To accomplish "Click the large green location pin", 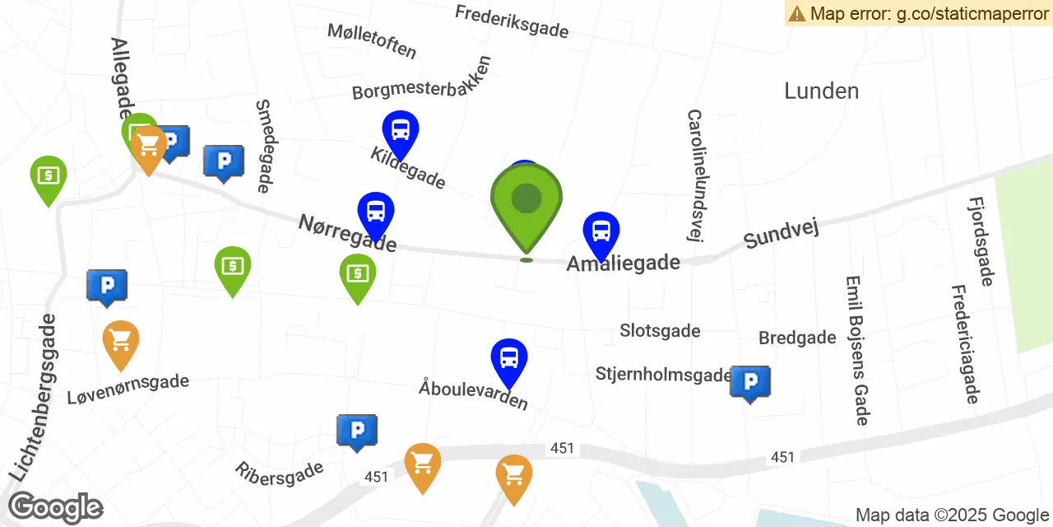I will pyautogui.click(x=526, y=202).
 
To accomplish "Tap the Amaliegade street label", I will pyautogui.click(x=624, y=263).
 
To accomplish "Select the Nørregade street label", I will pyautogui.click(x=347, y=233).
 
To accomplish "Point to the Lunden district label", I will pyautogui.click(x=821, y=91).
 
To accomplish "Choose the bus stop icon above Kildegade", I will pyautogui.click(x=401, y=132).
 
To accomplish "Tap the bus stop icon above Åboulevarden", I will pyautogui.click(x=509, y=359).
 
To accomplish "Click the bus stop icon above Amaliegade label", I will pyautogui.click(x=601, y=232).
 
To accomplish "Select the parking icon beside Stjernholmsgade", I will pyautogui.click(x=750, y=382).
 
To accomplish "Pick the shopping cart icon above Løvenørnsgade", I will pyautogui.click(x=121, y=341).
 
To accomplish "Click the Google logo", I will pyautogui.click(x=55, y=508).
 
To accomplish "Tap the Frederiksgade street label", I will pyautogui.click(x=511, y=22).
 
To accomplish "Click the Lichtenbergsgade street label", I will pyautogui.click(x=35, y=397).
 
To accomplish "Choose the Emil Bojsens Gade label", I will pyautogui.click(x=856, y=350).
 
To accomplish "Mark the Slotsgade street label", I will pyautogui.click(x=660, y=331).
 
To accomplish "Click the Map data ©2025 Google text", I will pyautogui.click(x=952, y=515).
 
